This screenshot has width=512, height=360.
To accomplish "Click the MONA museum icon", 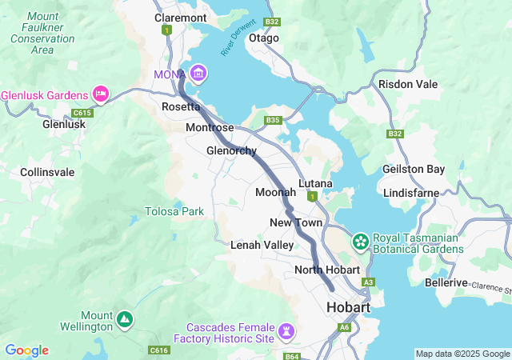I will (198, 74).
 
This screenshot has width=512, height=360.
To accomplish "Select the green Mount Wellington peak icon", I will (124, 319).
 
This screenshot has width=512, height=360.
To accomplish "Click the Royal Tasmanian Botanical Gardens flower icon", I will (361, 241).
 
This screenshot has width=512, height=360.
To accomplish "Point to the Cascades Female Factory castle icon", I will (286, 330).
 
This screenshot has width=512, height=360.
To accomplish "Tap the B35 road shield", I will (274, 121).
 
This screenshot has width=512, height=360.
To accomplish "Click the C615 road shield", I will (82, 113).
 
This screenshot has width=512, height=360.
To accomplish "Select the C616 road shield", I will (159, 350).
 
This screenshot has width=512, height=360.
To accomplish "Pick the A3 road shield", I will (368, 282).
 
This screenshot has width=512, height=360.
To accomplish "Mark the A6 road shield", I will (344, 327).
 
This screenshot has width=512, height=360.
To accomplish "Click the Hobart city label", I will (348, 308).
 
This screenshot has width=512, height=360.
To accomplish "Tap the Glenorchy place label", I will (231, 150).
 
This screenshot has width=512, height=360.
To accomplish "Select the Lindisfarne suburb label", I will (410, 194).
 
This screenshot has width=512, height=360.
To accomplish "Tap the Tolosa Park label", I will (174, 211).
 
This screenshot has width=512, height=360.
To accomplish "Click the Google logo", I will (26, 350).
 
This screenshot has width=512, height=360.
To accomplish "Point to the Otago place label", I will (264, 38).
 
